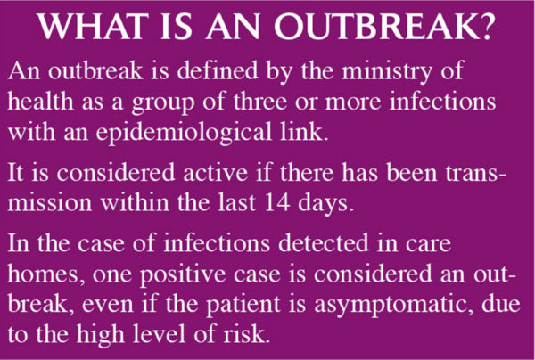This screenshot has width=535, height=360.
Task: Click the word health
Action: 38,102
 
